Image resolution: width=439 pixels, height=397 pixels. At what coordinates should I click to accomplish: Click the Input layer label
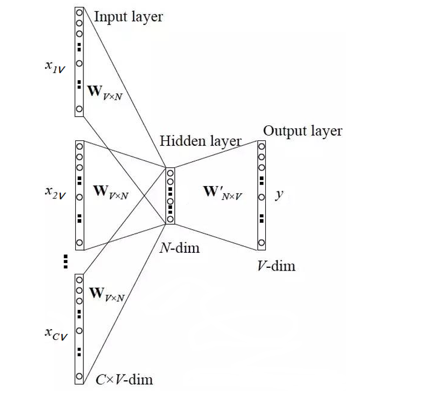click(128, 17)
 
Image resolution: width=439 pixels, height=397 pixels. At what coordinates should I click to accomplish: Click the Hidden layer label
click(200, 141)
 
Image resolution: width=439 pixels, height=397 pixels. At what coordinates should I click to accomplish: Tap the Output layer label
click(302, 131)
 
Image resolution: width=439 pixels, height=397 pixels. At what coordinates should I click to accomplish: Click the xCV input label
click(55, 335)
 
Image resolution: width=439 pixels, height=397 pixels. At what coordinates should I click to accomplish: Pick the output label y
click(279, 195)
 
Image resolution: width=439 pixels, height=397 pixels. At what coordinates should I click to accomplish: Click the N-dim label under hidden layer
click(179, 249)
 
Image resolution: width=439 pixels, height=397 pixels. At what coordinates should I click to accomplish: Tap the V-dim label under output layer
click(276, 266)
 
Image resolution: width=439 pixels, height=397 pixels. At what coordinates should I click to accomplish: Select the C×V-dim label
click(124, 379)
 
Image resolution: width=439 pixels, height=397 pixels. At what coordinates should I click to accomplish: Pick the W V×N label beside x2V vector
click(111, 192)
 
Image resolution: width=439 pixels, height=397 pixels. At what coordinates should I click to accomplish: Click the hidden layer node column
click(171, 196)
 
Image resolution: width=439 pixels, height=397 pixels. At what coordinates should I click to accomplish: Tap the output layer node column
click(261, 195)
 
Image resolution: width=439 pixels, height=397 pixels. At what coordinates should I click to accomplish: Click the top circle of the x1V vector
click(79, 11)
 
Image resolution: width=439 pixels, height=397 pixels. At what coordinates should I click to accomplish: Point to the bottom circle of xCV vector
click(79, 375)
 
